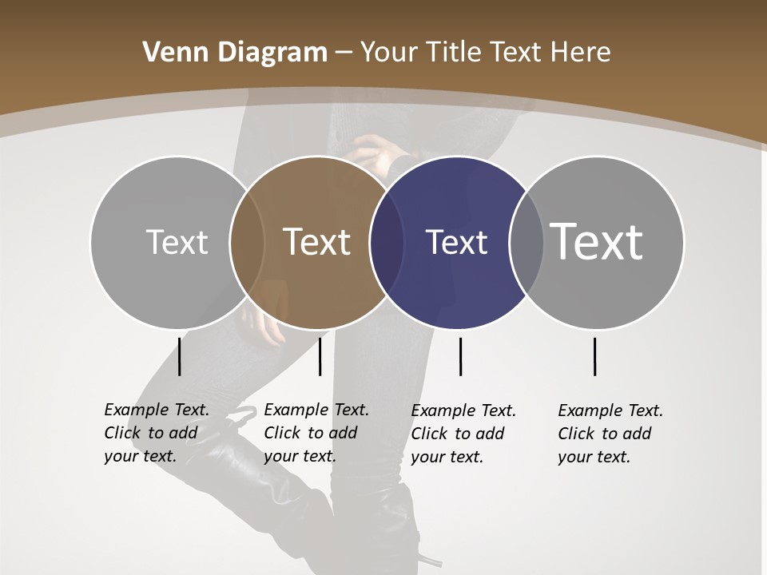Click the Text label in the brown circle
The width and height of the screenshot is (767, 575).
coord(317,242)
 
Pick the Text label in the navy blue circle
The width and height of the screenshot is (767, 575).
coord(456,242)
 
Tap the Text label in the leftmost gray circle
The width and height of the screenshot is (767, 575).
coord(177,242)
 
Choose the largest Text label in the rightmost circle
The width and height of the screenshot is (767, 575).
coord(597,241)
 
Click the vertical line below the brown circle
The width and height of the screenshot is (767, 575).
coord(320,356)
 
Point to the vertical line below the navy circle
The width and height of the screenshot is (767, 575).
coord(460,356)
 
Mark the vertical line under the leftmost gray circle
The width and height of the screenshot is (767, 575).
coord(180,356)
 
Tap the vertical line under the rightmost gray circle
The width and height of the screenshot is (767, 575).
coord(595,356)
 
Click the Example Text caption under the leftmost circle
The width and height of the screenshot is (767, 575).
coord(157,433)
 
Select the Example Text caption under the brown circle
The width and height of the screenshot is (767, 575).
coord(316,433)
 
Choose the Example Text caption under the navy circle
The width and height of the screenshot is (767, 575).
coord(463,434)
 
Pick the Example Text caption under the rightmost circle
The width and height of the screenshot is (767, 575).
coord(610,434)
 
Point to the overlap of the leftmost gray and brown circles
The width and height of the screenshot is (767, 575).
coord(247,242)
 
